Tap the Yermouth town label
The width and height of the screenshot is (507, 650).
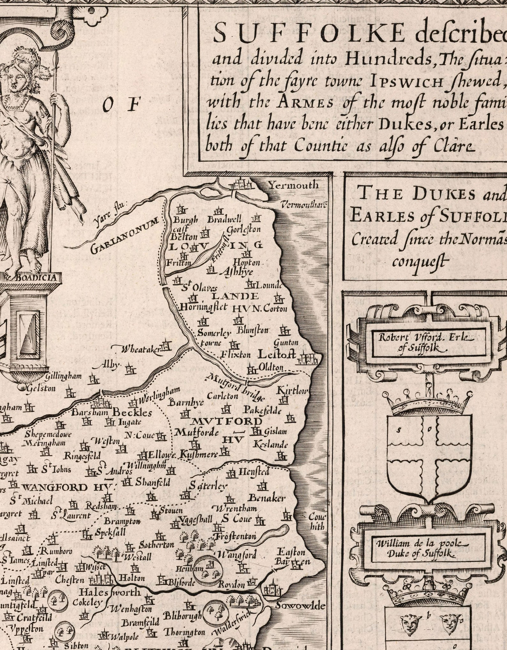click(293, 185)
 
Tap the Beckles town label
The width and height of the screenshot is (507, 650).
click(132, 413)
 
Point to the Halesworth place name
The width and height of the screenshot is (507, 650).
click(110, 592)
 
